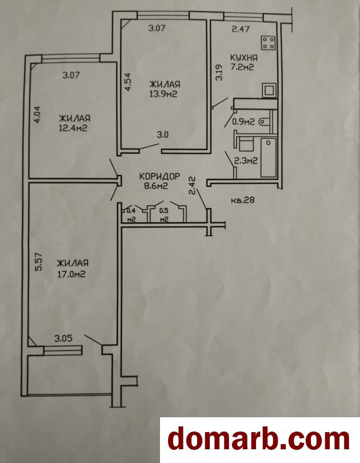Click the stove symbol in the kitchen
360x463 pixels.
pyautogui.click(x=268, y=42)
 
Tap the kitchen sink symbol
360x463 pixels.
pyautogui.click(x=269, y=90)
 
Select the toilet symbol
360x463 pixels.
pyautogui.click(x=264, y=121)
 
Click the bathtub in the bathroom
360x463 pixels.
pyautogui.click(x=268, y=157)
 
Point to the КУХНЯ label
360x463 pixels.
pyautogui.click(x=244, y=57)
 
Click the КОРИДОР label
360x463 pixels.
pyautogui.click(x=159, y=176)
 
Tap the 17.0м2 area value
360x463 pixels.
pyautogui.click(x=71, y=274)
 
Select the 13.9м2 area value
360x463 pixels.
pyautogui.click(x=163, y=94)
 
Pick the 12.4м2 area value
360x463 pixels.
pyautogui.click(x=73, y=128)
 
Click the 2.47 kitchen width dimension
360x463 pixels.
pyautogui.click(x=241, y=29)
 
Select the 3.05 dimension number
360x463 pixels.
pyautogui.click(x=63, y=338)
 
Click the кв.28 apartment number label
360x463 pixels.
pyautogui.click(x=243, y=200)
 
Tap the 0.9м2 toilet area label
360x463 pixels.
pyautogui.click(x=243, y=122)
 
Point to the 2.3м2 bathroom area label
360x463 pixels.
pyautogui.click(x=246, y=161)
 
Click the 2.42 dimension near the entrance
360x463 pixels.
pyautogui.click(x=193, y=185)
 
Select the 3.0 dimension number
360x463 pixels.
pyautogui.click(x=163, y=135)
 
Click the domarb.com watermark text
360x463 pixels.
pyautogui.click(x=259, y=440)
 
